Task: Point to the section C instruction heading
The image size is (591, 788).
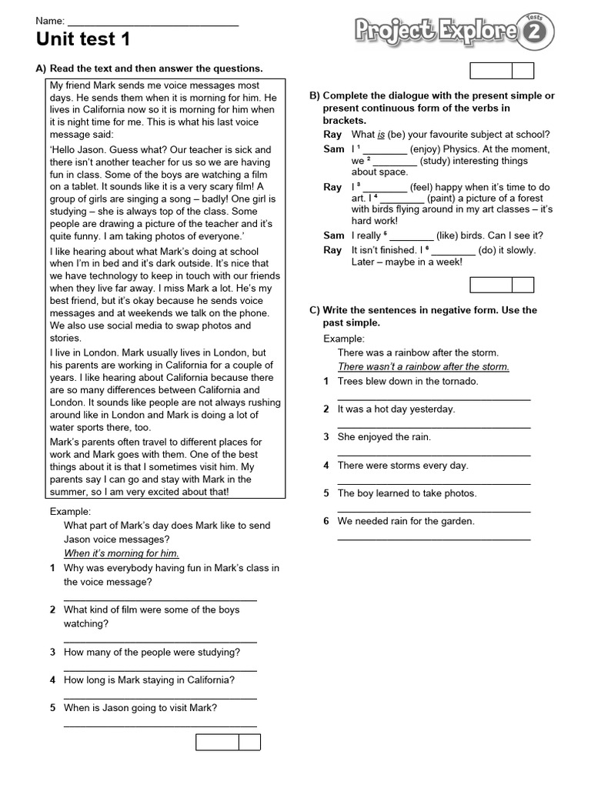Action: (429, 316)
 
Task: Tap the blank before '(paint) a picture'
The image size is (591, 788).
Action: (402, 199)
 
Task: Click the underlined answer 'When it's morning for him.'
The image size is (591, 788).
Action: (122, 553)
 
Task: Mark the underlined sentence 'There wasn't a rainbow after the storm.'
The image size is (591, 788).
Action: (423, 366)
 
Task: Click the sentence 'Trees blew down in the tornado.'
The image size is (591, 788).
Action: (408, 381)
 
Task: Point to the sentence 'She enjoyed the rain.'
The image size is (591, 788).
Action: (384, 437)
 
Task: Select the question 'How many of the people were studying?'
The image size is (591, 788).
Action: (152, 652)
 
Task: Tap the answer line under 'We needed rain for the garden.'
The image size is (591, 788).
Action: (434, 539)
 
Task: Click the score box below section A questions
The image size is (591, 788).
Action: (228, 742)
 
